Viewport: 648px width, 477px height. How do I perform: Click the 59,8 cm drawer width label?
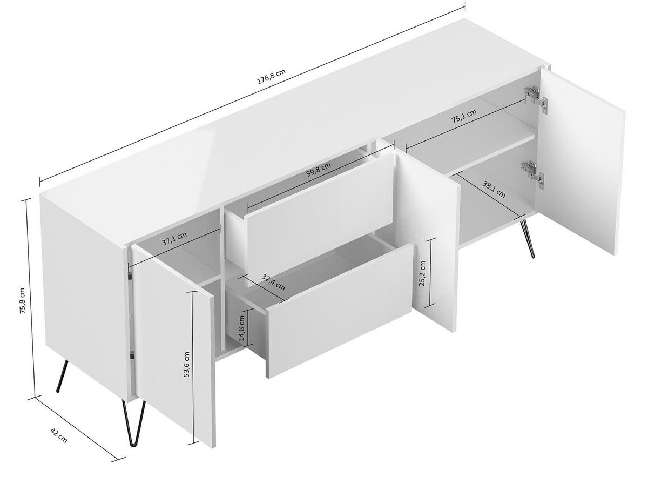click(x=318, y=172)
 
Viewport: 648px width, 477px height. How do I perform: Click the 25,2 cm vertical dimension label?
click(x=423, y=274)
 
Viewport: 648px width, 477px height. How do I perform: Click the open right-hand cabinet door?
click(x=580, y=162)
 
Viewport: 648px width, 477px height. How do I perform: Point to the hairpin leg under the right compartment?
click(x=527, y=238)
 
